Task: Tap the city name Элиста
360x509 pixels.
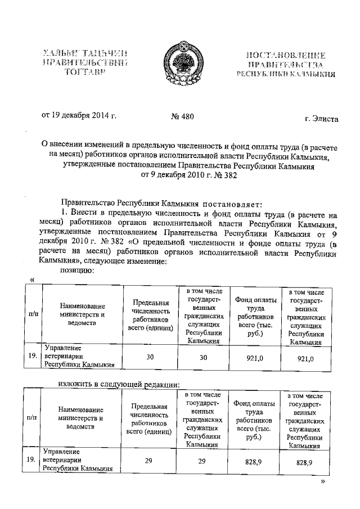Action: (321, 119)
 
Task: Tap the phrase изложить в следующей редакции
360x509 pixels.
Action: (119, 385)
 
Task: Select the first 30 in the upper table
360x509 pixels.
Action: (149, 355)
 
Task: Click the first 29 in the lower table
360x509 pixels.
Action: (148, 461)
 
